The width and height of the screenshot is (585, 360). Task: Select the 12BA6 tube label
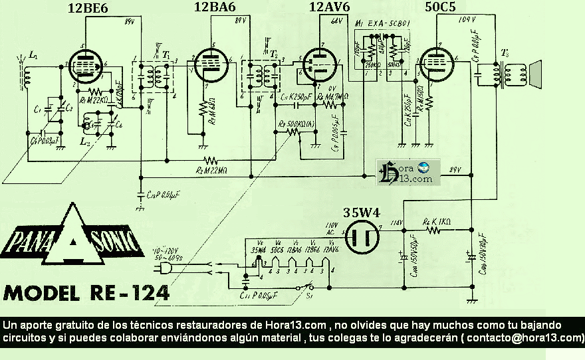coord(214,8)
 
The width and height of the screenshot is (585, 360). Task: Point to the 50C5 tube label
coord(441,8)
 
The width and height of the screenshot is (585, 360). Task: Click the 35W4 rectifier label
coord(361,213)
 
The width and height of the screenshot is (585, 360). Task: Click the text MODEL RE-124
coord(85,293)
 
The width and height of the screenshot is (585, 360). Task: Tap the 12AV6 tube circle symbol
coord(320,64)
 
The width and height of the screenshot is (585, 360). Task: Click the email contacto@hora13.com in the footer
coord(525,337)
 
